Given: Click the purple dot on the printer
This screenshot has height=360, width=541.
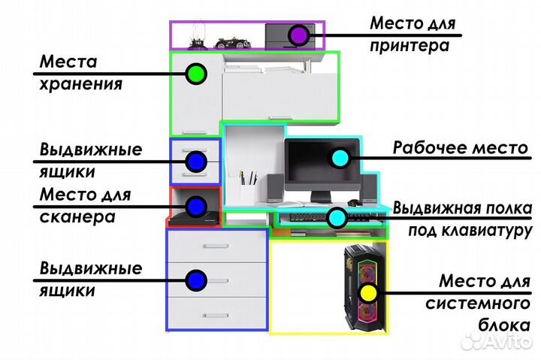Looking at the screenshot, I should (x=298, y=35).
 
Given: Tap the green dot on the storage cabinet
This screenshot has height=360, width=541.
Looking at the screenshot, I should (x=196, y=73).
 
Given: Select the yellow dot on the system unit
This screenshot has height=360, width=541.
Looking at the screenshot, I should (x=367, y=292).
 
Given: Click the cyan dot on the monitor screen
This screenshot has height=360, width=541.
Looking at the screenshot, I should (x=340, y=158).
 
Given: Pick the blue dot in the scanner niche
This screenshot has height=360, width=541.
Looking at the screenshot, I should (x=197, y=205).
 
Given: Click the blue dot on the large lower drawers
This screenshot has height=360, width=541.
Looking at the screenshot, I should (x=197, y=280).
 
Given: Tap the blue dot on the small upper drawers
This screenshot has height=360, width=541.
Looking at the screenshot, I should (x=197, y=160).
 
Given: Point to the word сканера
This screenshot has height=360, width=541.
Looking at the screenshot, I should (x=77, y=218).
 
